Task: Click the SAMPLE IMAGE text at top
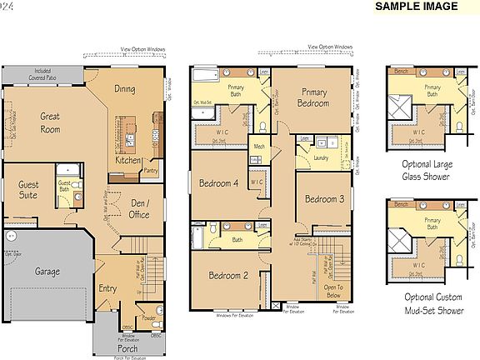(416, 7)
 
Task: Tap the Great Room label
(50, 122)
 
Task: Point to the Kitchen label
(128, 161)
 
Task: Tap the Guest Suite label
(27, 190)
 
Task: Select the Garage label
(47, 272)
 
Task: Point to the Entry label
(108, 288)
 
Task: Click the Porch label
(127, 348)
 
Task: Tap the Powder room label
(148, 317)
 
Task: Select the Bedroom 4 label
(218, 183)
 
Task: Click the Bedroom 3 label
(324, 199)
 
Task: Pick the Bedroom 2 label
(228, 275)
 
